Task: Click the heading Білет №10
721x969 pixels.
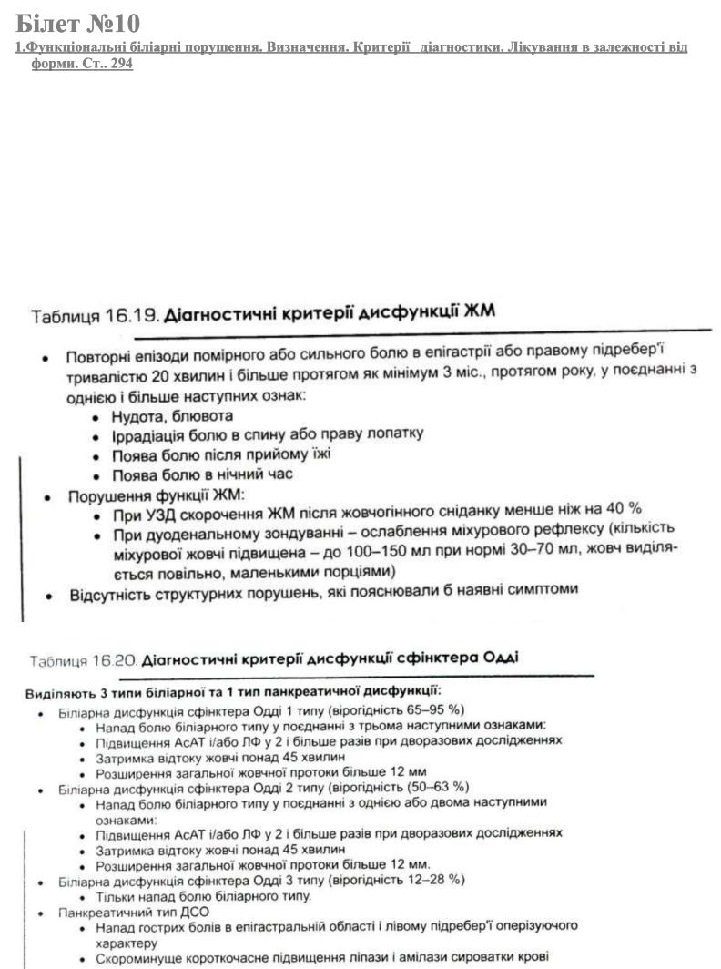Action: [x=77, y=22]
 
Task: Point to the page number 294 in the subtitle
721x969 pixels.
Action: [x=121, y=66]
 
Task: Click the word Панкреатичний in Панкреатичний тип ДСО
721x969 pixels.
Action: [x=101, y=911]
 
